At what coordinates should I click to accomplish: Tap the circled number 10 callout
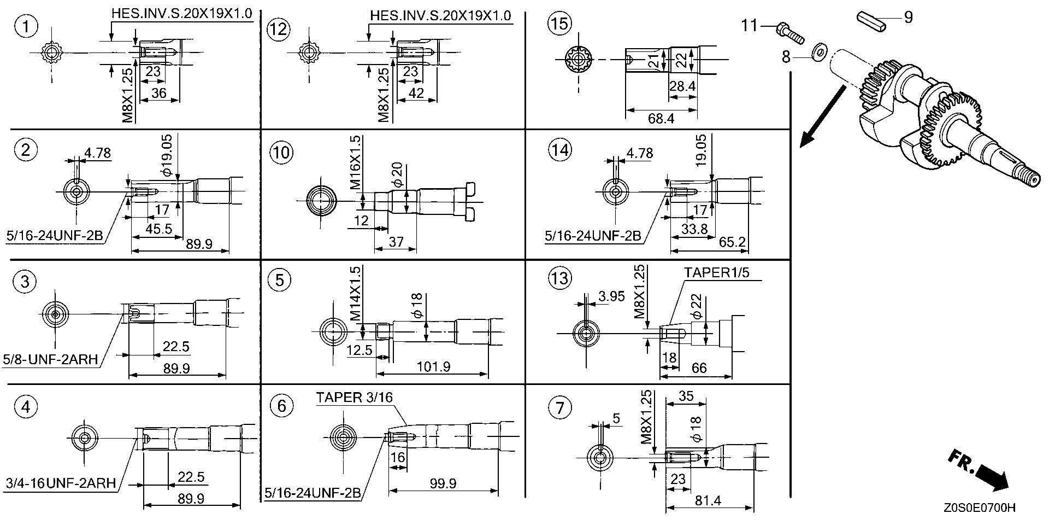point(282,152)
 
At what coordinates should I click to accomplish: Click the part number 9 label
point(908,17)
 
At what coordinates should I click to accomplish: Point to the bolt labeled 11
point(788,31)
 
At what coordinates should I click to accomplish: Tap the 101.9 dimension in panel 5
point(434,366)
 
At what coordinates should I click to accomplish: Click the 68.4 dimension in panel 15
point(661,118)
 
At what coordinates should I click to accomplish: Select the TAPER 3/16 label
point(354,398)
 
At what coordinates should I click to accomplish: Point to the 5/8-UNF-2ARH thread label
point(50,359)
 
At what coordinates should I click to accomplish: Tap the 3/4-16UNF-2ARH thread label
point(60,483)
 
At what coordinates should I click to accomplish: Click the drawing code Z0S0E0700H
point(979,508)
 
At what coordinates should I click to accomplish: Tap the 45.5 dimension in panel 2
point(159,228)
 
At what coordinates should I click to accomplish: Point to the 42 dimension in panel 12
point(416,93)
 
